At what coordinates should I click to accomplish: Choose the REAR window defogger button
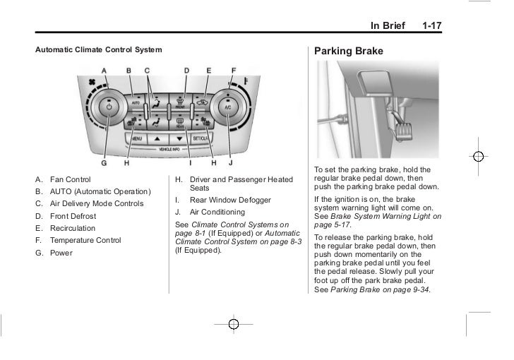point(180,126)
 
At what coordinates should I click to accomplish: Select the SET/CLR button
point(200,139)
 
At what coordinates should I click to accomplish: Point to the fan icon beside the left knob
point(90,83)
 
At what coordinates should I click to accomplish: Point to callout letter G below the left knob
point(104,163)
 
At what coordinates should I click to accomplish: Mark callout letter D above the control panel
point(186,70)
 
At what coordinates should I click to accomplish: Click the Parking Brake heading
point(349,52)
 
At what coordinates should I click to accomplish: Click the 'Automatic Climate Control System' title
point(98,50)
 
